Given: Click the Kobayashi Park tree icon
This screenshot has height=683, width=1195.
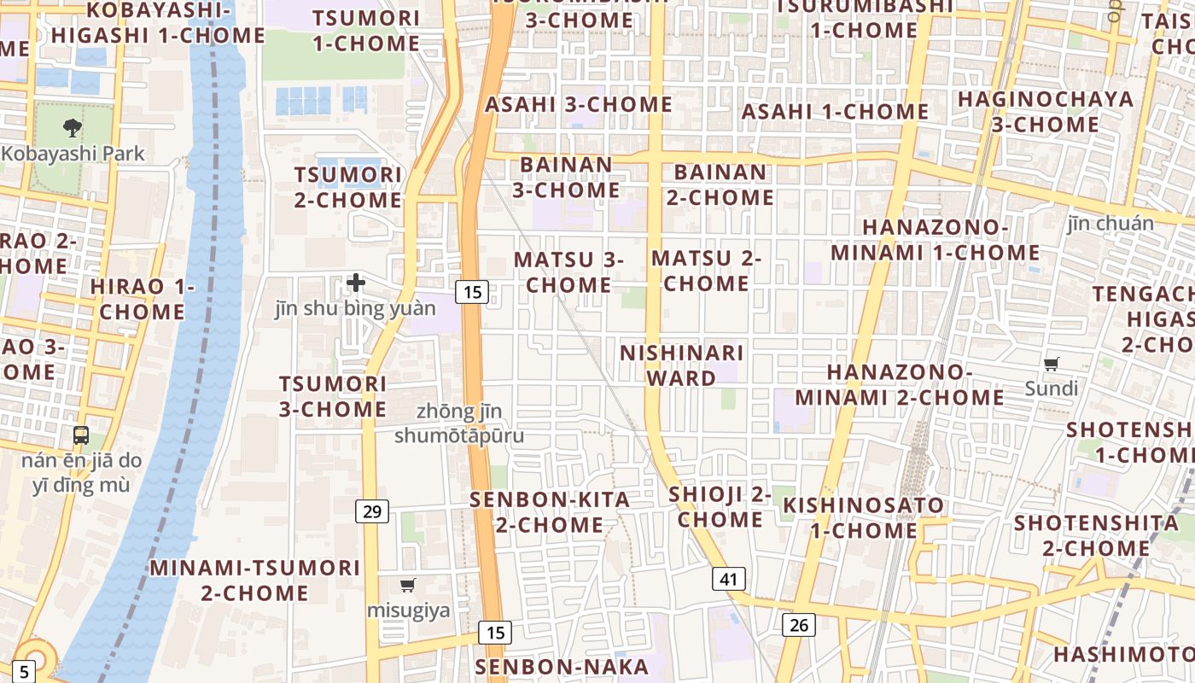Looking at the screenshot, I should click(x=72, y=128).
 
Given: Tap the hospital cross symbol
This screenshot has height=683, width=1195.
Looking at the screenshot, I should click(x=356, y=283).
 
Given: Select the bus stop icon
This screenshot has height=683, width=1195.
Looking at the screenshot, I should click(x=81, y=435).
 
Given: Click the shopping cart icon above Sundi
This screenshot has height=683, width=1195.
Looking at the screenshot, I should click(x=1052, y=364).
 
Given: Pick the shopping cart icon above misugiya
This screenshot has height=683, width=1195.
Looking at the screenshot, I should click(x=408, y=586).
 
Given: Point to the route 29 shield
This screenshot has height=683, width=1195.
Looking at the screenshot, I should click(x=372, y=511).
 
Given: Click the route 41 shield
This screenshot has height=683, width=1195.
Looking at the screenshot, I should click(x=728, y=579).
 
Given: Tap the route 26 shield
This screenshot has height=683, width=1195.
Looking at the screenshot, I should click(x=799, y=625).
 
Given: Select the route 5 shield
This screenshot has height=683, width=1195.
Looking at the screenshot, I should click(x=24, y=671).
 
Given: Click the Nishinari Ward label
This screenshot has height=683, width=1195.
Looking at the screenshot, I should click(x=681, y=365).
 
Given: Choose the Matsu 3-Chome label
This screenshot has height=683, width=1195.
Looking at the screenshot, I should click(x=568, y=271).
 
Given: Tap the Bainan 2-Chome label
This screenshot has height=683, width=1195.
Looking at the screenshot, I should click(x=720, y=184).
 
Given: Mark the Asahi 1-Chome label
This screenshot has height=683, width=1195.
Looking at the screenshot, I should click(x=835, y=112).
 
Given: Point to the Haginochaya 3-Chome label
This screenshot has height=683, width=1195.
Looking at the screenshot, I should click(x=1046, y=112).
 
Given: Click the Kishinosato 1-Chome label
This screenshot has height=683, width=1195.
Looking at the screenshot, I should click(x=864, y=517).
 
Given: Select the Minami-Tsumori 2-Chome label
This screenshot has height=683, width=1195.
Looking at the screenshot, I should click(x=255, y=580).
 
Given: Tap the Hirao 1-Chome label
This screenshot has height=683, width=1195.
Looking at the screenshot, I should click(x=143, y=299).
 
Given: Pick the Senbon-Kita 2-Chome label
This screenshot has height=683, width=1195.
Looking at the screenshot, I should click(x=551, y=512).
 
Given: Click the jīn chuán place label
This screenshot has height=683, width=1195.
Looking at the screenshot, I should click(x=1110, y=224).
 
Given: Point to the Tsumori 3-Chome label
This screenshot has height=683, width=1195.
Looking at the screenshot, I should click(x=333, y=396).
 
